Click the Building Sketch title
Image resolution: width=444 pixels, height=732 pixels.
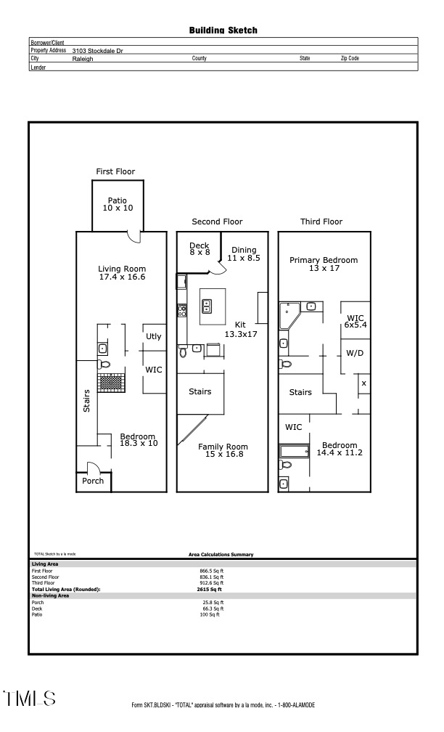(223, 30)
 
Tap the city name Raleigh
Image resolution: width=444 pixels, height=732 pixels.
(83, 58)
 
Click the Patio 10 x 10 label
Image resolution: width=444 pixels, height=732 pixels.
(118, 204)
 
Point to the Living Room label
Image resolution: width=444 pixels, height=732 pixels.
(122, 273)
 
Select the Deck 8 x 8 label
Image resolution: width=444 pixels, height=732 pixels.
(199, 249)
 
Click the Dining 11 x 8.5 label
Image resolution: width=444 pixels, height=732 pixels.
(243, 254)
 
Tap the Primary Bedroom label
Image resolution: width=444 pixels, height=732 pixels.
(324, 264)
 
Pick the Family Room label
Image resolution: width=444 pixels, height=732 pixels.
(223, 451)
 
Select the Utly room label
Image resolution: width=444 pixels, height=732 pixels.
(154, 336)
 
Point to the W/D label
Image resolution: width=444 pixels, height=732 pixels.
(355, 353)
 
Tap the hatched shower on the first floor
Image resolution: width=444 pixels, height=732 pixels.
(112, 381)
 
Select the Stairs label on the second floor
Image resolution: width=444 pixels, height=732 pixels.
(200, 391)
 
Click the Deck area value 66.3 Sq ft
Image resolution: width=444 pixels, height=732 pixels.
(213, 609)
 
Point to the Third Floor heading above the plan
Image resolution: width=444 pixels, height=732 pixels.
(321, 221)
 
